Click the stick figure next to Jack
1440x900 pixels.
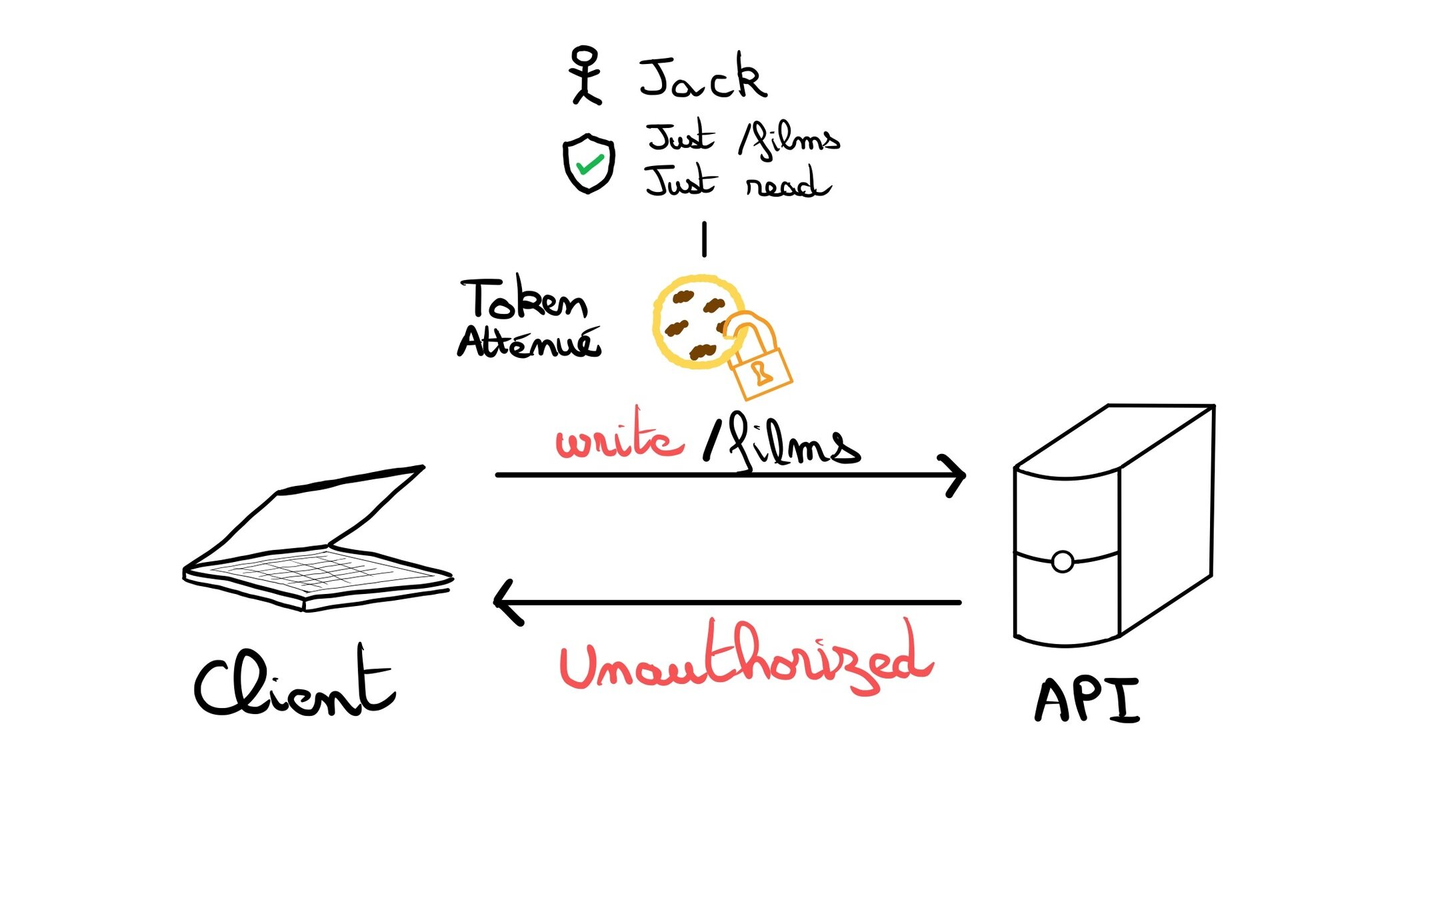(586, 75)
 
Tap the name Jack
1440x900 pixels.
(702, 79)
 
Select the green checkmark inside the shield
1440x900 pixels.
(589, 164)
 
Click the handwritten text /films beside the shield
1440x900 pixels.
(789, 139)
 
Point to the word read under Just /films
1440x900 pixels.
(787, 183)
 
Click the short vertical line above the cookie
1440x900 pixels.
(704, 239)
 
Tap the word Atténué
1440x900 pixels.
(529, 343)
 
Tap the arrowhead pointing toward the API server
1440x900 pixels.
(956, 475)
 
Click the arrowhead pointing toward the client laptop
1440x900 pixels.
(505, 602)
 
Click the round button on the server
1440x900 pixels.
(1062, 562)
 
